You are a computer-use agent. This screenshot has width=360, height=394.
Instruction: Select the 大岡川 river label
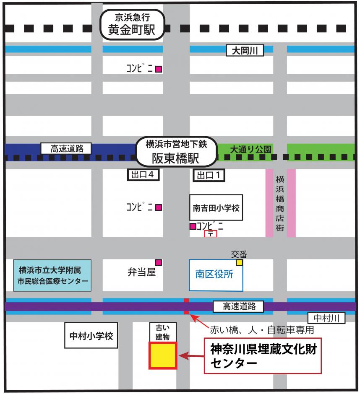click(x=245, y=51)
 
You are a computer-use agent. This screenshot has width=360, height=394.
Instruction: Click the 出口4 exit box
click(x=143, y=175)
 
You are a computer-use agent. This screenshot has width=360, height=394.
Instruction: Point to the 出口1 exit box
click(x=209, y=175)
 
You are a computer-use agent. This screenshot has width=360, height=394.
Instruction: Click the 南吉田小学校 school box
click(x=216, y=207)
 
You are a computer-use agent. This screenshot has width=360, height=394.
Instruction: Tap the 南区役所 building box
click(x=216, y=275)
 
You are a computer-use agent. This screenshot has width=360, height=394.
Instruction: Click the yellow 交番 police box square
click(x=239, y=263)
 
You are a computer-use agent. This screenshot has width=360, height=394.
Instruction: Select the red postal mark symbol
click(x=211, y=234)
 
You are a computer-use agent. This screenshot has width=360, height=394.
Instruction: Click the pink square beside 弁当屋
click(x=159, y=262)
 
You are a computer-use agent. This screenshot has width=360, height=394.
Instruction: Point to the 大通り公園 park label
click(x=251, y=149)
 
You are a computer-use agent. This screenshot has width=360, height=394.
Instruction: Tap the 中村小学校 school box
click(x=91, y=335)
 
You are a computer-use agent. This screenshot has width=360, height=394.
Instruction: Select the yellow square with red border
click(x=163, y=355)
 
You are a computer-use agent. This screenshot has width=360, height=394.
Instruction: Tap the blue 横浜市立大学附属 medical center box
click(x=53, y=275)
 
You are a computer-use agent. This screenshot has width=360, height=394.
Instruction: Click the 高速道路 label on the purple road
click(x=238, y=306)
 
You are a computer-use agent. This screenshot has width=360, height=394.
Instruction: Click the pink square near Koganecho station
click(x=159, y=69)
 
